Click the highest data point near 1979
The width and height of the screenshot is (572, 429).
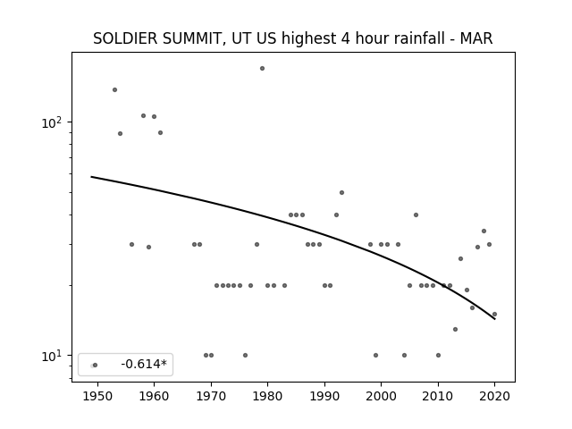pos(262,68)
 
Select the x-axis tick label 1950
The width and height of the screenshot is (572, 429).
pos(97,396)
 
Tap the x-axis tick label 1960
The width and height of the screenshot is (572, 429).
pos(154,396)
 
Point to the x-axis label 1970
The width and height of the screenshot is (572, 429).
pos(211,396)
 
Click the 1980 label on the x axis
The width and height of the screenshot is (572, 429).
pos(268,396)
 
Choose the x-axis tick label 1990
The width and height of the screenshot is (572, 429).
pos(324,396)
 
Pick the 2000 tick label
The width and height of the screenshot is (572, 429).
pos(382,396)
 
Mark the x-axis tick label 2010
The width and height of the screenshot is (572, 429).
pos(438,396)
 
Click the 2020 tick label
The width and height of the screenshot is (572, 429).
pos(494,396)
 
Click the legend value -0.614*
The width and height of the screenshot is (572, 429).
pos(144,364)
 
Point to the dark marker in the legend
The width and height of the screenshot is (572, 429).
pos(96,365)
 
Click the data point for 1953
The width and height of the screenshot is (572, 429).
pos(115,89)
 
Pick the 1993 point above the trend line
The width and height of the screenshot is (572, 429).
pos(341,192)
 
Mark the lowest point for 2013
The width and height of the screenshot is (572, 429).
pos(455,329)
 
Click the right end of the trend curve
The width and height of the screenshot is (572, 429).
pos(494,319)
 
